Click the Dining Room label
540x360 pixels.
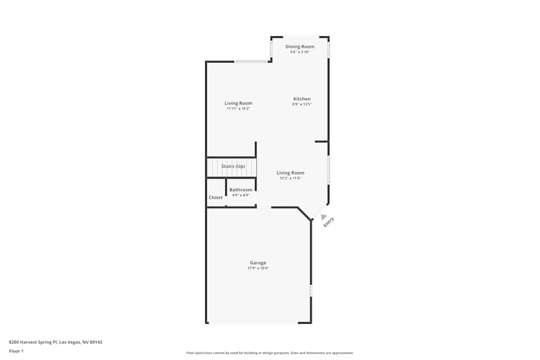click(300, 47)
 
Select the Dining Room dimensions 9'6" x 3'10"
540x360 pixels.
click(300, 52)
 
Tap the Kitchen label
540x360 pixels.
click(302, 99)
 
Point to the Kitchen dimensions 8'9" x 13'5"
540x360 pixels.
click(302, 104)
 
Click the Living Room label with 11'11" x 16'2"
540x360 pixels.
click(238, 103)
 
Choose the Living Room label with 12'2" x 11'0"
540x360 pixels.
click(291, 173)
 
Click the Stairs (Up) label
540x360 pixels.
click(233, 166)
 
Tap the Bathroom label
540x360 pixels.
click(241, 190)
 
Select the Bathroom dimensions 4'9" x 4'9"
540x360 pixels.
click(241, 195)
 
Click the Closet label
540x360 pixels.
click(216, 198)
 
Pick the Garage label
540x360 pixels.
click(258, 263)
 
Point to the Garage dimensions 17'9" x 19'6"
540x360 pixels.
click(258, 268)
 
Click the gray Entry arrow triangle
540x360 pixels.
click(323, 217)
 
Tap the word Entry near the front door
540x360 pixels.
click(329, 222)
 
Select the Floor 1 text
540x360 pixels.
click(16, 351)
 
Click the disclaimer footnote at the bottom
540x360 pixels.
click(270, 353)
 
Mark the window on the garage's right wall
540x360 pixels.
click(311, 290)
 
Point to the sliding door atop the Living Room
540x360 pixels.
click(251, 62)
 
